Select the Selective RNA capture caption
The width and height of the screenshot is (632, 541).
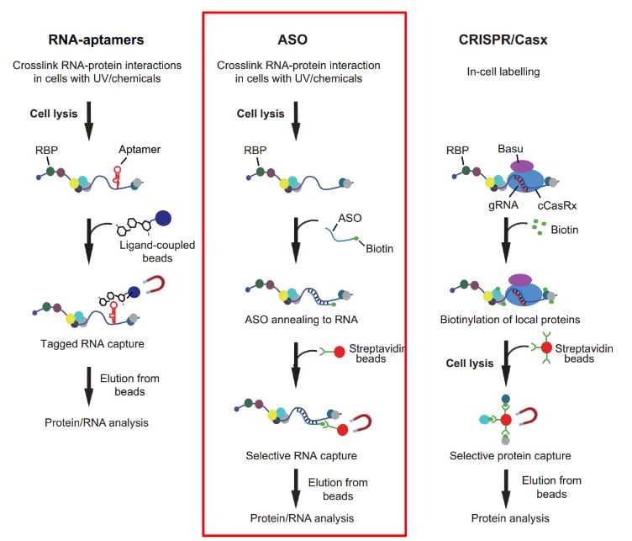301,455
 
